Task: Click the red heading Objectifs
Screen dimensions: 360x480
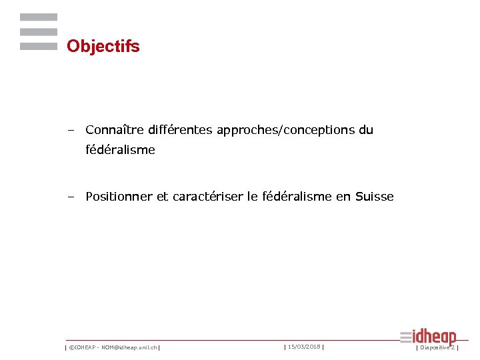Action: [x=103, y=47]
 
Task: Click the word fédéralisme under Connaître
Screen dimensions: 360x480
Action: [x=120, y=150]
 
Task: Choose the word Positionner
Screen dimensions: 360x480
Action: [x=119, y=197]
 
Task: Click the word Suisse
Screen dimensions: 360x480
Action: [x=375, y=197]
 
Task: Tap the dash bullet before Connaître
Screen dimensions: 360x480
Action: [x=70, y=130]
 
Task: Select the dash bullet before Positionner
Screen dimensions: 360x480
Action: [x=70, y=197]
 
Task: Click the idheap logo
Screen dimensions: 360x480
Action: [x=429, y=337]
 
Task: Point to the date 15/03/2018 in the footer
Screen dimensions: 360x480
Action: [x=304, y=347]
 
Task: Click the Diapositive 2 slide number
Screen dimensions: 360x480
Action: [x=437, y=347]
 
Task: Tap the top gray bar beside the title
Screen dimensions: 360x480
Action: [x=39, y=17]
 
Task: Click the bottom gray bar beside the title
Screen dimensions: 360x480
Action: [x=39, y=47]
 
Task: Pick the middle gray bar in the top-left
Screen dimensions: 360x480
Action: [x=39, y=32]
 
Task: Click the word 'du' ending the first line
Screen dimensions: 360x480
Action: [x=366, y=130]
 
